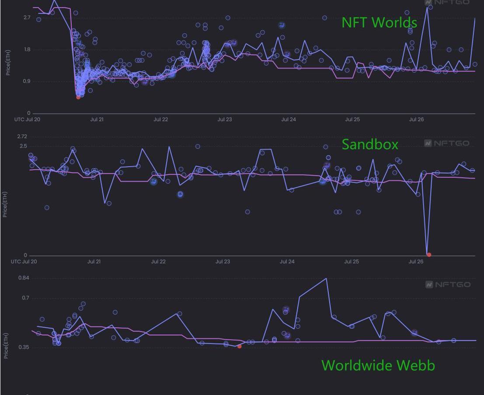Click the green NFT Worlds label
coord(379,22)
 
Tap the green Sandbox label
coord(370,144)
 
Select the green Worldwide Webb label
coord(378,365)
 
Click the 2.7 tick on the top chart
coord(27,17)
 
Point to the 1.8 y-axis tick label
coord(27,49)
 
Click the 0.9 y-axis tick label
coord(27,81)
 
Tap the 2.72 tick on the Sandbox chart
coord(22,137)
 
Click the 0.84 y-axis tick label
coord(24,278)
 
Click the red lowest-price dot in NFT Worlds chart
coord(78,97)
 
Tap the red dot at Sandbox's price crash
coord(429,255)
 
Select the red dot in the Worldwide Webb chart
coord(239,346)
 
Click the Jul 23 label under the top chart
coord(224,119)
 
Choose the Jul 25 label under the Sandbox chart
coord(352,262)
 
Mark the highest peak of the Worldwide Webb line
coord(325,278)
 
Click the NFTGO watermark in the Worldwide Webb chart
coord(448,284)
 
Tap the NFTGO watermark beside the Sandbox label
coord(447,143)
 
